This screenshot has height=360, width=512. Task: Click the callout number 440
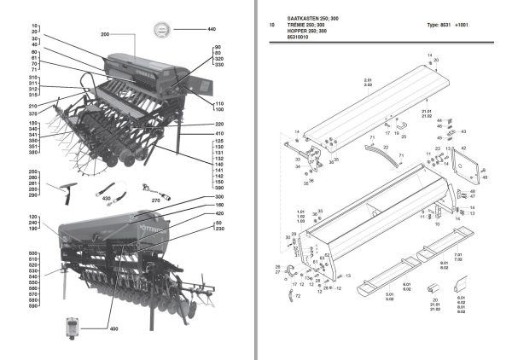tap(211, 29)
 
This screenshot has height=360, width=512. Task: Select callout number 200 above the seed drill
tap(106, 34)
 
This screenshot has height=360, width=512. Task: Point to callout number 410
tap(218, 134)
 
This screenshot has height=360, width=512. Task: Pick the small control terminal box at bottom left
tap(69, 328)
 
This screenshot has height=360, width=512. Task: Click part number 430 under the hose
tap(107, 198)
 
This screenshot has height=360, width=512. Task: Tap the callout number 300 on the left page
tap(218, 197)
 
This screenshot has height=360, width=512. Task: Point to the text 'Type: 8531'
tap(442, 25)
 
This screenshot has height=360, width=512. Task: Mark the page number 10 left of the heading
tap(271, 25)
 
